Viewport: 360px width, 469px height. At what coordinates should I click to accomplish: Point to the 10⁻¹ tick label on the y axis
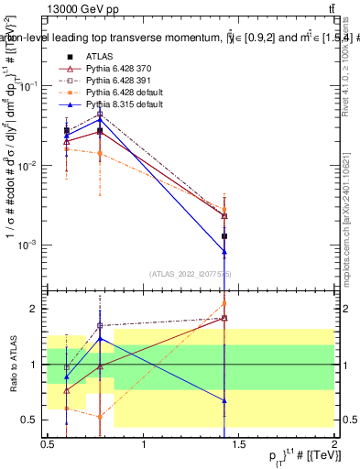30,85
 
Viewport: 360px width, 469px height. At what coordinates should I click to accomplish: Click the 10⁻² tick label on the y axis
30,165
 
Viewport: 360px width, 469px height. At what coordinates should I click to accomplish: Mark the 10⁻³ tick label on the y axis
30,245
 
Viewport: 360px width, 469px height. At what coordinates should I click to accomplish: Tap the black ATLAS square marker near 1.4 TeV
224,236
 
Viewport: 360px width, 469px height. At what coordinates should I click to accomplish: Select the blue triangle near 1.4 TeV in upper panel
224,252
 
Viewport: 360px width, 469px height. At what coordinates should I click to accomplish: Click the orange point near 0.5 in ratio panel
100,416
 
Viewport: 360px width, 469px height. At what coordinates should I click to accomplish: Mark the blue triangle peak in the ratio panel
100,338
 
